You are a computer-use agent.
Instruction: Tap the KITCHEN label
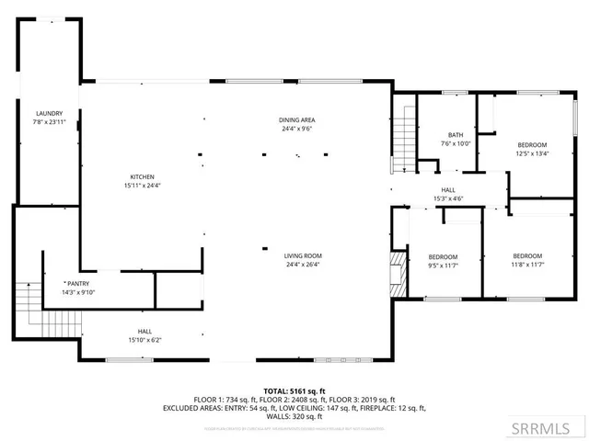pyautogui.click(x=141, y=176)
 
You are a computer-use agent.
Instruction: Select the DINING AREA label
pyautogui.click(x=297, y=120)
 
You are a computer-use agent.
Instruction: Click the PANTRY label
pyautogui.click(x=78, y=284)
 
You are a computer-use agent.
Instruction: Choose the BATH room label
pyautogui.click(x=455, y=134)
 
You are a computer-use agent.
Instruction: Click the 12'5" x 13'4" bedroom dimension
pyautogui.click(x=531, y=153)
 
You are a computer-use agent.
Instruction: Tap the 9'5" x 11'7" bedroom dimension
pyautogui.click(x=443, y=265)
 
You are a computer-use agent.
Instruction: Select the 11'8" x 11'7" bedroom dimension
pyautogui.click(x=526, y=265)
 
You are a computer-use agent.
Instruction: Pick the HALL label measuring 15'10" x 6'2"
pyautogui.click(x=145, y=331)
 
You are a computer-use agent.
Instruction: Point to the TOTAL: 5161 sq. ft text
pyautogui.click(x=294, y=390)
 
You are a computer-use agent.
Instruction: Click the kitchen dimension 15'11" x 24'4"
pyautogui.click(x=141, y=185)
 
